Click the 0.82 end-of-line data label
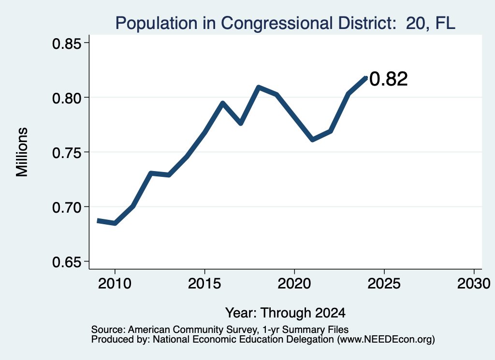point(388,79)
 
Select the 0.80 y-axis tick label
point(67,98)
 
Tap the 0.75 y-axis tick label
point(67,153)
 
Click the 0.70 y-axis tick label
point(67,207)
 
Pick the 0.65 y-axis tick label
point(67,262)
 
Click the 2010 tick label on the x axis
point(115,283)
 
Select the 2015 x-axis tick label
point(204,283)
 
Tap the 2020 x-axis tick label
point(294,283)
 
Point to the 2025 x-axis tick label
point(384,283)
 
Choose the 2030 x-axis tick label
point(474,283)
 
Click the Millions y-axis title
point(22,152)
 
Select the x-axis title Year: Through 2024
point(285,313)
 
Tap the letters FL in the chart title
point(445,23)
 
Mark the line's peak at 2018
point(259,87)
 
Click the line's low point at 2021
point(313,140)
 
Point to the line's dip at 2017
point(241,123)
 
